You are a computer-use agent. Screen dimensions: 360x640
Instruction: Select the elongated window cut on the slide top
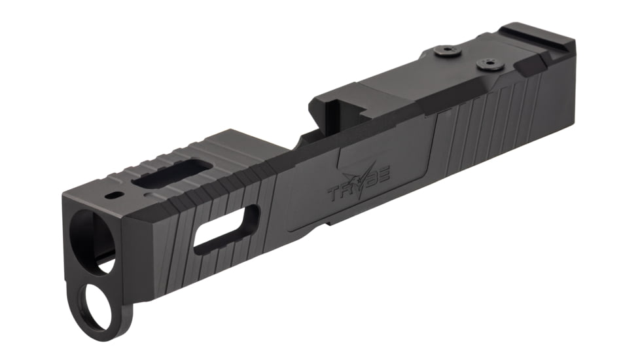(x=171, y=173)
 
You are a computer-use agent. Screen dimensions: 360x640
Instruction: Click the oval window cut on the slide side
(x=226, y=229)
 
